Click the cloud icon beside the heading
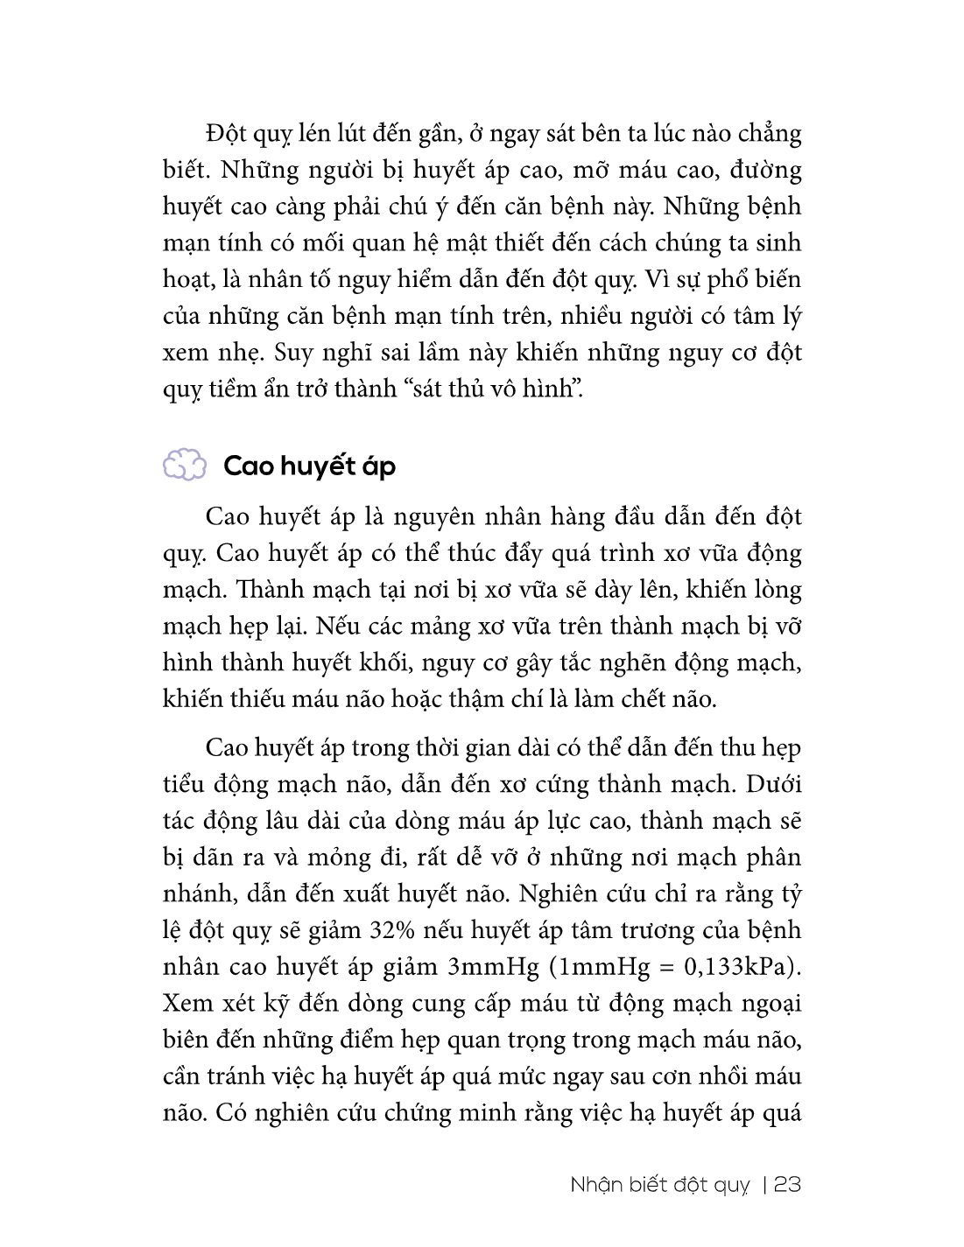[184, 465]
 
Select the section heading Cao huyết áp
[309, 466]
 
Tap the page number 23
[787, 1184]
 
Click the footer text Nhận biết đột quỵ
[660, 1185]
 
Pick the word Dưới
[774, 784]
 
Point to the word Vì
[655, 279]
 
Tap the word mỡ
[576, 170]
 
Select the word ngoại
[772, 1004]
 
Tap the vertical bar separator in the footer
[765, 1184]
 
